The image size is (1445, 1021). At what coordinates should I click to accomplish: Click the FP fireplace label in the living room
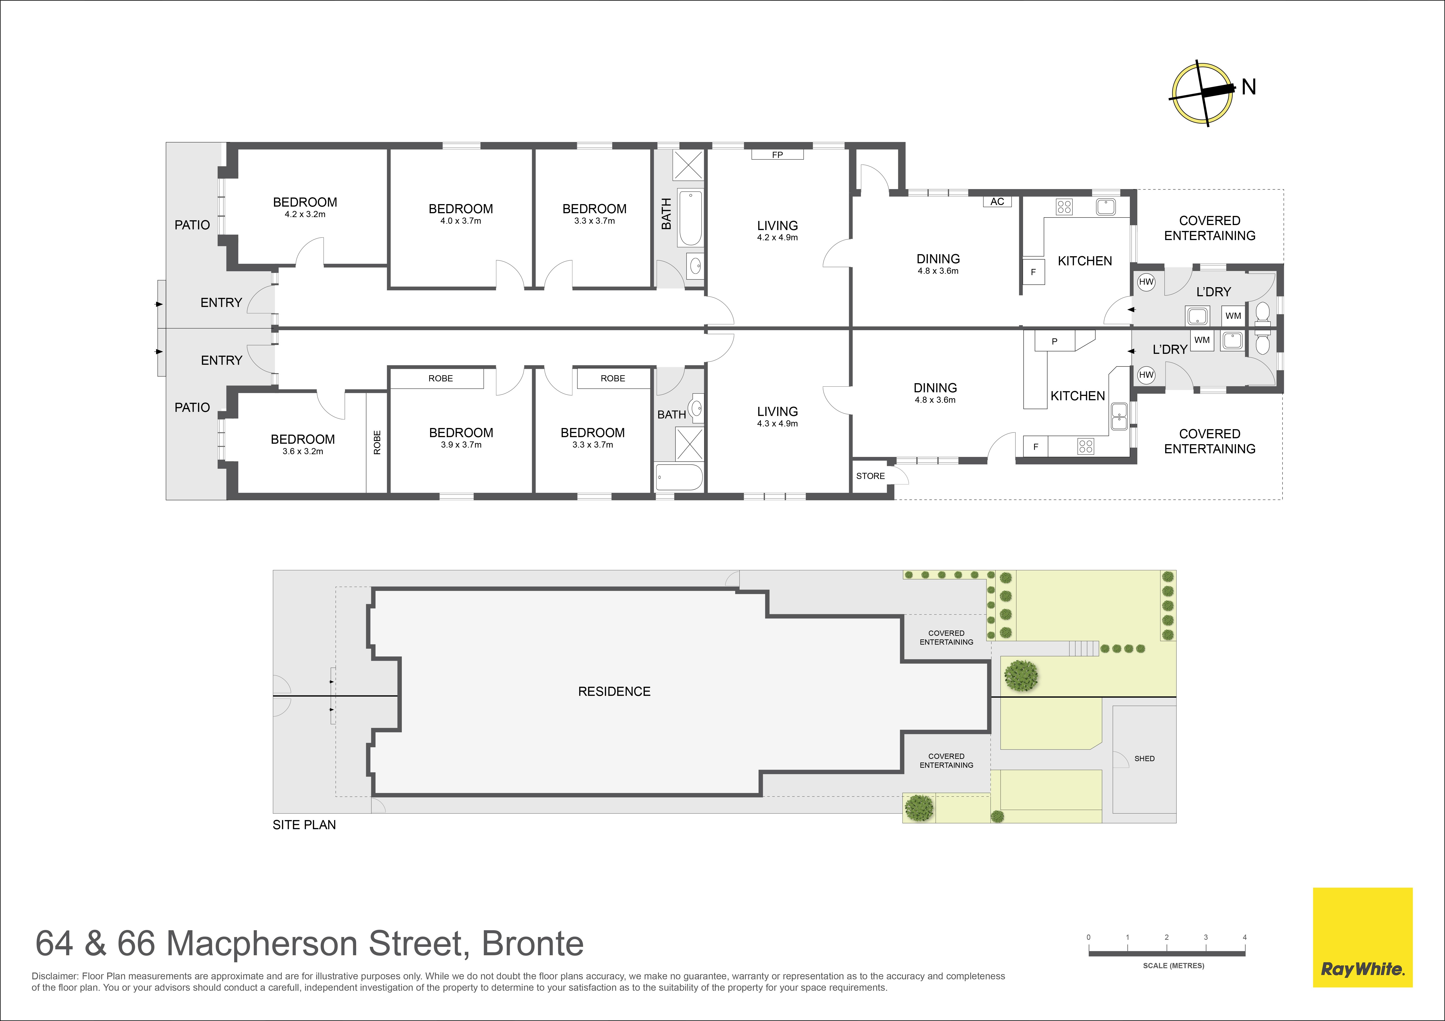(x=777, y=155)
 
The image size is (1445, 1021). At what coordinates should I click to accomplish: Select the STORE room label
(x=870, y=476)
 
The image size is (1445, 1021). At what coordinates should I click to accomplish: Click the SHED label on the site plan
(x=1144, y=758)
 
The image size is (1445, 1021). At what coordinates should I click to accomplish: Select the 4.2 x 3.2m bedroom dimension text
(x=305, y=214)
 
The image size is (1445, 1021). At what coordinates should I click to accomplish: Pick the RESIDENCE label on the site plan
(x=614, y=691)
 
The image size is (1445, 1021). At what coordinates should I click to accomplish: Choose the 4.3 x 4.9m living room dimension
(x=777, y=424)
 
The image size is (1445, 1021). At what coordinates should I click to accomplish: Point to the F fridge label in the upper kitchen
(x=1033, y=273)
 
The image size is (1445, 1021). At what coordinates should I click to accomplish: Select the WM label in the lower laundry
(x=1202, y=340)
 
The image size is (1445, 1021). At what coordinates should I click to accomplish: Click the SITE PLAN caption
(x=304, y=825)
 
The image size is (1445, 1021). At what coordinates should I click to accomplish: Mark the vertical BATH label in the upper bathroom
(x=666, y=213)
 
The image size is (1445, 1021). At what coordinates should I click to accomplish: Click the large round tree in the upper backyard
(x=1021, y=675)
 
